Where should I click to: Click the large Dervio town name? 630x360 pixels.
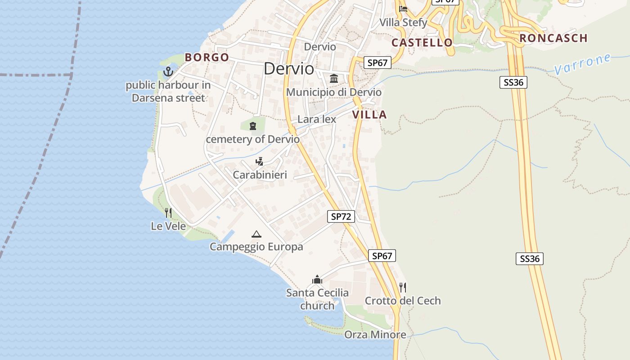289,68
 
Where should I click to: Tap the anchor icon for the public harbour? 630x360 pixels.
168,71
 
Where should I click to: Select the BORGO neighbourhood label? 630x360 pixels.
207,57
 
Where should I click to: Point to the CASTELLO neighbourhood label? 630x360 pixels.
422,43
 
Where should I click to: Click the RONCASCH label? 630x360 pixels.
553,38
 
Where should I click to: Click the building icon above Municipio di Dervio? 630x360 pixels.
334,79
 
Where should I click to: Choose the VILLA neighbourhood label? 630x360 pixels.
369,115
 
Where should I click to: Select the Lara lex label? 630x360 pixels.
317,119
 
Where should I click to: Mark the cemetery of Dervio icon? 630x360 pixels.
252,126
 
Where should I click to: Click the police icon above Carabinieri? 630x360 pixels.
259,162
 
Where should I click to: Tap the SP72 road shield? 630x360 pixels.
341,216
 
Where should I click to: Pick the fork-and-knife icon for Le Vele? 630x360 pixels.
168,212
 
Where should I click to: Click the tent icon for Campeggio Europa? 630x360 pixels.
256,234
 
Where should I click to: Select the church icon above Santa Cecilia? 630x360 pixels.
317,280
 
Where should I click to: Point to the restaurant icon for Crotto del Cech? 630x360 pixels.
403,287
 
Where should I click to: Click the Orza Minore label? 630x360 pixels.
375,335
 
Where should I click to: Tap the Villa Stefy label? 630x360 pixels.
403,22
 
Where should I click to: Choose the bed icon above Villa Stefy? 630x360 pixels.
403,9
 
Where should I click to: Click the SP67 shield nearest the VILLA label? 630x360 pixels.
377,63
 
